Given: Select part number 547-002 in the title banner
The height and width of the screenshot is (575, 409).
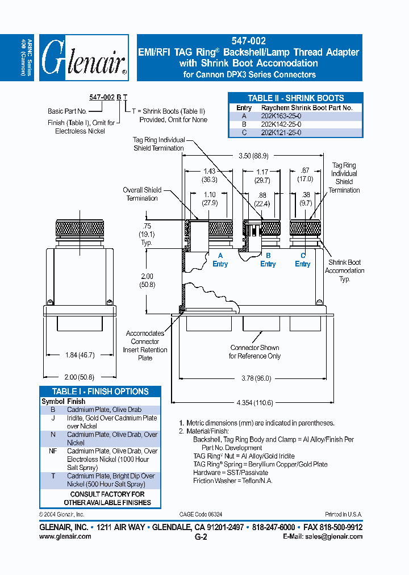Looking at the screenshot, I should [249, 41].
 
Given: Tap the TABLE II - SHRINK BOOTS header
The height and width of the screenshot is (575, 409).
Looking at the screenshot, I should [295, 98].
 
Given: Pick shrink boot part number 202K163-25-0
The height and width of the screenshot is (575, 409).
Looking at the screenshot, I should [281, 115].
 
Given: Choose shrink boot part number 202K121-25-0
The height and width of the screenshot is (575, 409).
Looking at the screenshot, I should [281, 132].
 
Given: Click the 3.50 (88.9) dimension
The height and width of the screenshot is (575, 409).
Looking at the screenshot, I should [254, 155].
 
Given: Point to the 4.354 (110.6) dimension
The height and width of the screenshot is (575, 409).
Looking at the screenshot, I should [254, 402].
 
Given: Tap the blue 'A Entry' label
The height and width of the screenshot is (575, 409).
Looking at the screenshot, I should [220, 260].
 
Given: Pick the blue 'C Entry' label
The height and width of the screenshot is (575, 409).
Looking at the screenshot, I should [303, 260].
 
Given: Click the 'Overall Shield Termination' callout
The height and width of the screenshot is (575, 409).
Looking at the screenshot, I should [142, 194].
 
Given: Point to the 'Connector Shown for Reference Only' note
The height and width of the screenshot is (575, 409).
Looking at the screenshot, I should [254, 352].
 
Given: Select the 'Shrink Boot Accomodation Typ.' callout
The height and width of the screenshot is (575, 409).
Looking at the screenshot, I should [344, 270].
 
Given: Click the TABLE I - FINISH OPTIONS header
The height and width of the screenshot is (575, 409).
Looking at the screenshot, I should [100, 391].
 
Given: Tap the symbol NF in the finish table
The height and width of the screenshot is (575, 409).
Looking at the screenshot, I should [52, 451].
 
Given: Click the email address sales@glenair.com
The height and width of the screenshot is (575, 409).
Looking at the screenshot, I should [326, 536].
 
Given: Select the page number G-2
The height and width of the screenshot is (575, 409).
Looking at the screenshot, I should [201, 536].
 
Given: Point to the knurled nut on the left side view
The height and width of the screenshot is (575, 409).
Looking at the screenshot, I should [79, 229].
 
